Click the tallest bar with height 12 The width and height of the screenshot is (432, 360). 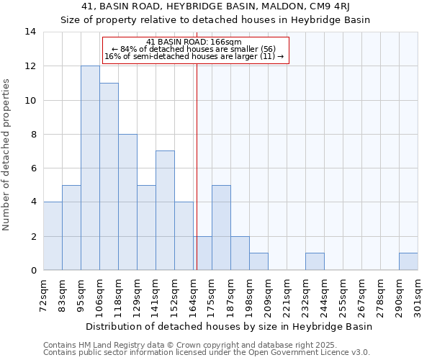point(90,168)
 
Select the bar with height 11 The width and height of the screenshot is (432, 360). point(109,176)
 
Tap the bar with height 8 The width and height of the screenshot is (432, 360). point(127,202)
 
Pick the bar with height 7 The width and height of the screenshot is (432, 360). point(165,210)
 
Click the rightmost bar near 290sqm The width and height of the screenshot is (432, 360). point(408,261)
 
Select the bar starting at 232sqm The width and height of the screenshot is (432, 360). point(315,261)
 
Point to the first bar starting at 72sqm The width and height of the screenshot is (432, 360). point(53,235)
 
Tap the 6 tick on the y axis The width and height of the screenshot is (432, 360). point(32,168)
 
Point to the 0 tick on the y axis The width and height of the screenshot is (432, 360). point(32,270)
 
